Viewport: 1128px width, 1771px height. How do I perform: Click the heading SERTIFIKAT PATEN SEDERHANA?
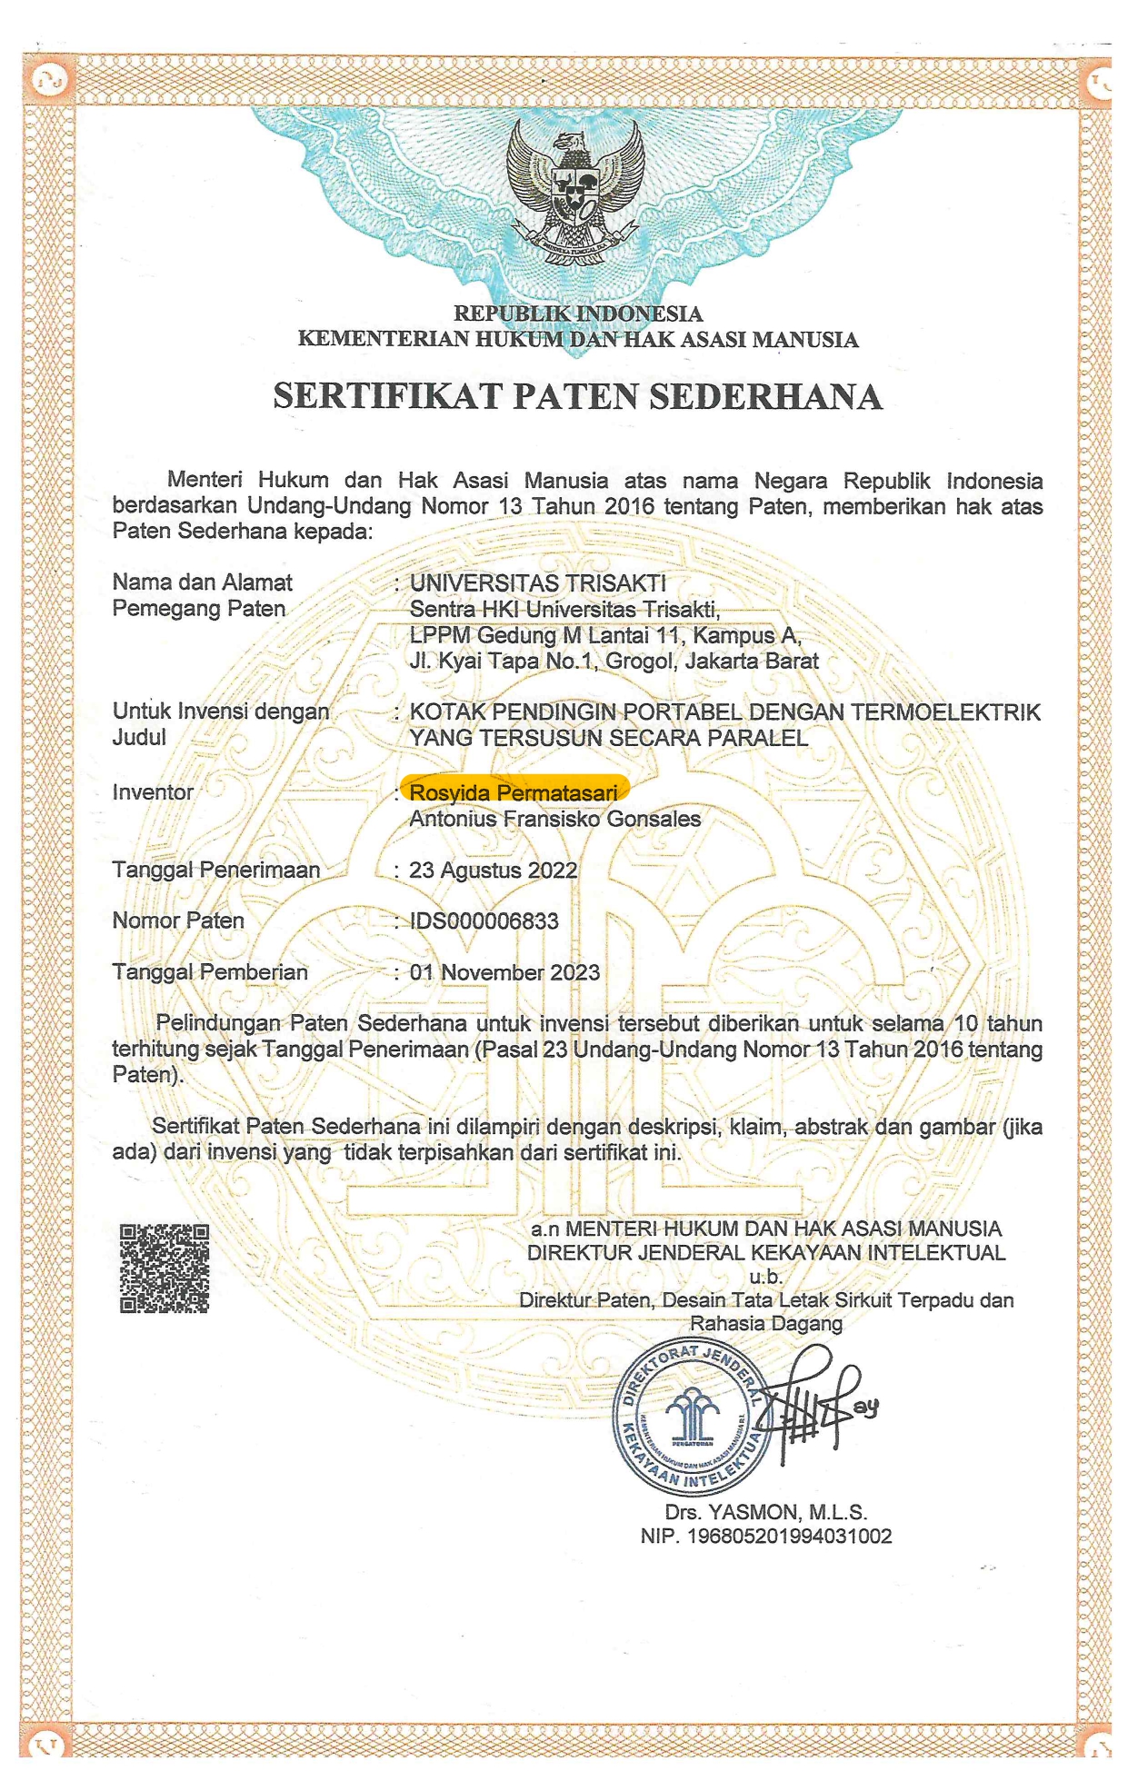click(x=578, y=397)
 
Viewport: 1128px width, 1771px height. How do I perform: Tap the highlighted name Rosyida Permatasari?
click(x=514, y=793)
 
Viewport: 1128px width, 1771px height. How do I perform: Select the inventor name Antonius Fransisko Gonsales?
click(x=555, y=819)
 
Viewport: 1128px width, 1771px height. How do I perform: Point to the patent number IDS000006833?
click(x=484, y=921)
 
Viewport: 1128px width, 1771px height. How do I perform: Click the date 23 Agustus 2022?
click(x=494, y=871)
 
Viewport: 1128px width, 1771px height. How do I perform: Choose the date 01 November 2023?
click(x=504, y=972)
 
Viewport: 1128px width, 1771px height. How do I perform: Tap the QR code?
click(x=165, y=1268)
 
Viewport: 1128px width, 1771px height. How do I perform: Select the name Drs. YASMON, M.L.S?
click(x=766, y=1513)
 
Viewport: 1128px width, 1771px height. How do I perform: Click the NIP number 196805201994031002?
click(x=766, y=1537)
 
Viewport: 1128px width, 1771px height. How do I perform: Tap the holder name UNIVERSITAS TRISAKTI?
click(x=538, y=582)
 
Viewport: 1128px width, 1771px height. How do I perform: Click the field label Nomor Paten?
click(x=178, y=920)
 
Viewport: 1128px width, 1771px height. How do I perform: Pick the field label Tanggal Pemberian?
click(x=210, y=972)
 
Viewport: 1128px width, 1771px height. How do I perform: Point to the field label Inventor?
click(x=153, y=792)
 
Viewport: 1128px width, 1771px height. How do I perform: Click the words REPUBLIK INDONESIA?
click(x=578, y=314)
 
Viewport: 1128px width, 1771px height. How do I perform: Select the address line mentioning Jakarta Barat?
click(x=614, y=661)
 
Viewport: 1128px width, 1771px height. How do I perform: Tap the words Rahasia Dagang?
click(x=766, y=1324)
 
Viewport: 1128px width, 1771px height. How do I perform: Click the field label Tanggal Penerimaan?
click(x=216, y=870)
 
